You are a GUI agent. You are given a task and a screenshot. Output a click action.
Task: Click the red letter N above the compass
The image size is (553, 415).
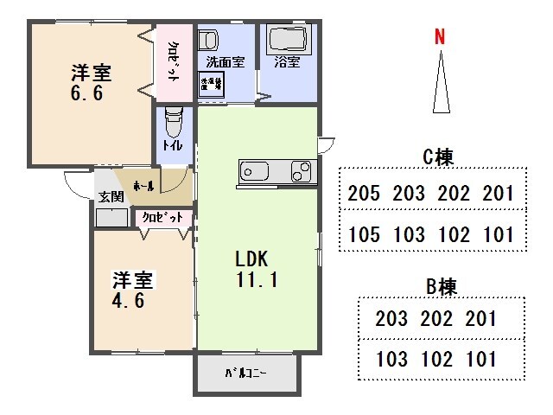[440, 37]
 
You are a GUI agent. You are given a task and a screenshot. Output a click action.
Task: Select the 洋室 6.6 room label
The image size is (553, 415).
[91, 82]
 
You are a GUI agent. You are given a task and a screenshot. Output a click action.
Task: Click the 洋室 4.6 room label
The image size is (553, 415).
[132, 290]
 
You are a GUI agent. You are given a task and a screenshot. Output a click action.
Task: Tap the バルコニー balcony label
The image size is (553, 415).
[245, 373]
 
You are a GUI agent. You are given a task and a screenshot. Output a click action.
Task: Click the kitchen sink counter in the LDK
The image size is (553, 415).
[274, 171]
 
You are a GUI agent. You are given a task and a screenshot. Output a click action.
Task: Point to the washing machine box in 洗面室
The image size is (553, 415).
[211, 83]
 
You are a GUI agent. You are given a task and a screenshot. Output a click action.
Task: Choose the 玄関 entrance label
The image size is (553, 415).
[110, 197]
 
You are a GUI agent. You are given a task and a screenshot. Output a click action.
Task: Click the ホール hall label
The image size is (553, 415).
[144, 186]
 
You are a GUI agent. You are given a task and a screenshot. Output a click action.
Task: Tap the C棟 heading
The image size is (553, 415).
[438, 156]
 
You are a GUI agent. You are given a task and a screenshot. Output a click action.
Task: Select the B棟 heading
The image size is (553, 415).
[441, 285]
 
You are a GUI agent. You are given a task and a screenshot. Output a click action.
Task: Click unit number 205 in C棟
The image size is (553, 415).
[363, 193]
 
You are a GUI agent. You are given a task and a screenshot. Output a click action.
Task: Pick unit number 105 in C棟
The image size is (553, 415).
[363, 233]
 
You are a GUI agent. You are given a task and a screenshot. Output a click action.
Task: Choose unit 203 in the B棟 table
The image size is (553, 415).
[391, 318]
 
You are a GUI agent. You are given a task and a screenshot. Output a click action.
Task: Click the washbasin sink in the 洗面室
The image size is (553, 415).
[209, 41]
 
